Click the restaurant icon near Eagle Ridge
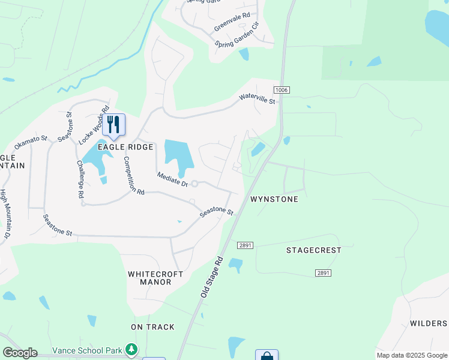[x=113, y=124]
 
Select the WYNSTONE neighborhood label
[x=274, y=199]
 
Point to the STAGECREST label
[x=313, y=250]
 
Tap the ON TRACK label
[x=153, y=327]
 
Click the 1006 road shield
[x=282, y=90]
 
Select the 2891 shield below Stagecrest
[x=323, y=273]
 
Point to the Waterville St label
[x=257, y=98]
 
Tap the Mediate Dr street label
[x=172, y=179]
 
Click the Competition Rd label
[x=134, y=176]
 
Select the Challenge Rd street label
[x=80, y=179]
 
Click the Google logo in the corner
[x=20, y=353]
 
